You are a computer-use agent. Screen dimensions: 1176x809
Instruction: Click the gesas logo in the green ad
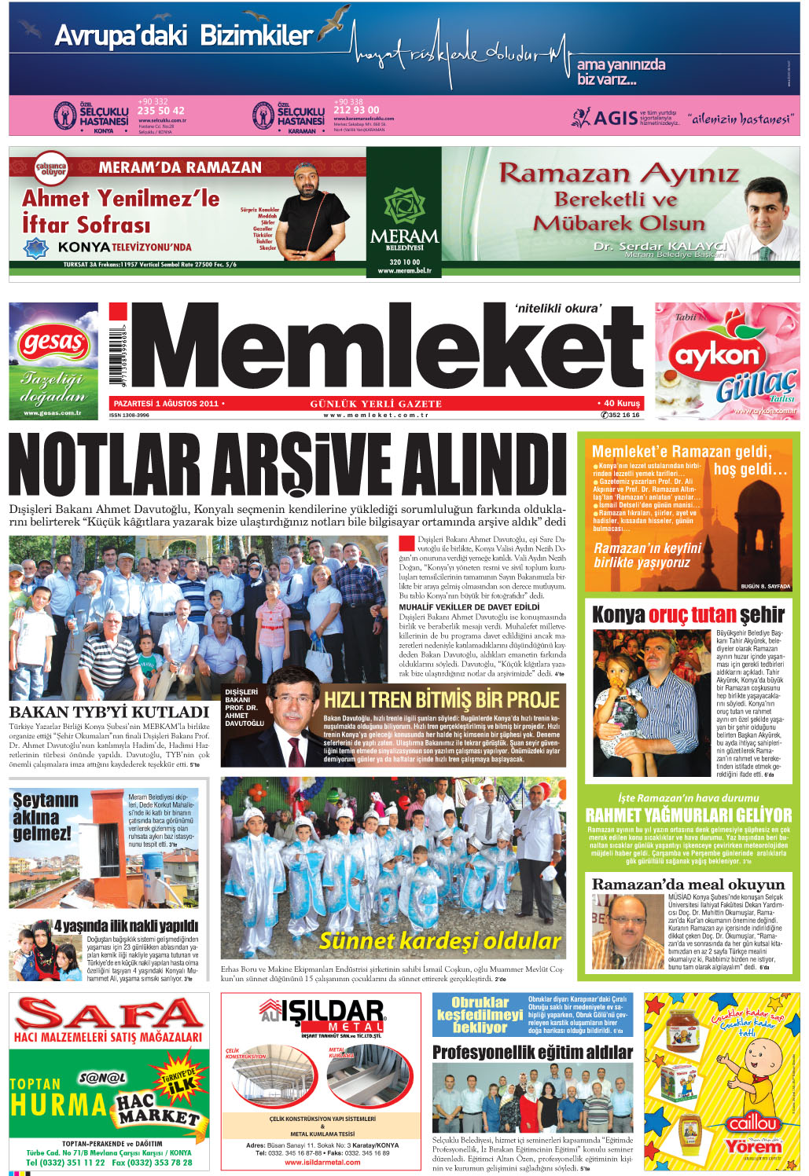tap(53, 343)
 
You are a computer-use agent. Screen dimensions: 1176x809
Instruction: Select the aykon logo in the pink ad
tap(717, 356)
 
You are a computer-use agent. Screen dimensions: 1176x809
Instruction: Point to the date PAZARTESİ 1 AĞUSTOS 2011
tap(166, 404)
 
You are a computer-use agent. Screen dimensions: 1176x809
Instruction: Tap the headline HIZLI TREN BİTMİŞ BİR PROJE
tap(442, 699)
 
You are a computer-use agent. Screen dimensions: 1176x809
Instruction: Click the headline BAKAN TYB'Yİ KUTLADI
tap(109, 712)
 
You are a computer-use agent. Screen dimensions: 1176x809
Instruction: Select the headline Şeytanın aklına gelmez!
tap(45, 816)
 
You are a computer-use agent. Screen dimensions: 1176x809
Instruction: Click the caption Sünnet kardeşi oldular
tap(440, 940)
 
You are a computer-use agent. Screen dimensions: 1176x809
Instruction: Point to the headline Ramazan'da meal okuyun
tap(688, 885)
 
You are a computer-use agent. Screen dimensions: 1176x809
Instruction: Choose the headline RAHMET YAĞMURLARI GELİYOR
tap(689, 815)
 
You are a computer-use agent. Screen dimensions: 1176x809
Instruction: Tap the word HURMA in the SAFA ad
tap(58, 1105)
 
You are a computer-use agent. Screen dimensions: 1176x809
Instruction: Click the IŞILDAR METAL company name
tap(322, 1013)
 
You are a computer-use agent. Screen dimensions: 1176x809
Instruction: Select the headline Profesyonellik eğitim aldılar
tap(532, 1052)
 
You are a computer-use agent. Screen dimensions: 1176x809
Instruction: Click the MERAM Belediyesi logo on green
tap(404, 220)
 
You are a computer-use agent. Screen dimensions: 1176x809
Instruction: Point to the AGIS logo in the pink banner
tap(605, 118)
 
